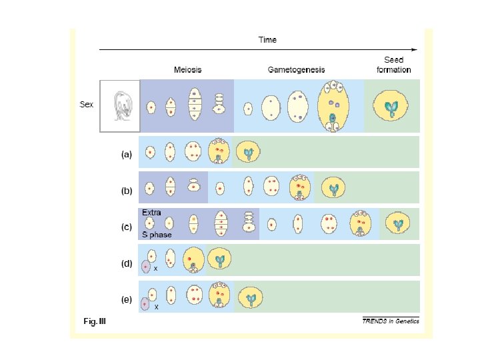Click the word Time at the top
[x=267, y=39]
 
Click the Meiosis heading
[x=187, y=69]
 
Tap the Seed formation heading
[x=393, y=65]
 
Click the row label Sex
[x=86, y=105]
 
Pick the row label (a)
[x=126, y=154]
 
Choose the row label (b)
[x=126, y=191]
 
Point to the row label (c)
[x=126, y=227]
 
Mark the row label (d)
[x=126, y=263]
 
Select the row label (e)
[x=126, y=299]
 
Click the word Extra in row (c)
[x=151, y=213]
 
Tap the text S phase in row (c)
[x=157, y=235]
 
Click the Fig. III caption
[x=95, y=322]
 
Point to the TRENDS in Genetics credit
[x=390, y=321]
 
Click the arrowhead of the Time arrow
[x=415, y=49]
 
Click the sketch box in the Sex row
[x=120, y=105]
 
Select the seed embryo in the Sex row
[x=392, y=107]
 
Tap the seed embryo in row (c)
[x=399, y=225]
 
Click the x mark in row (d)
[x=155, y=269]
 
